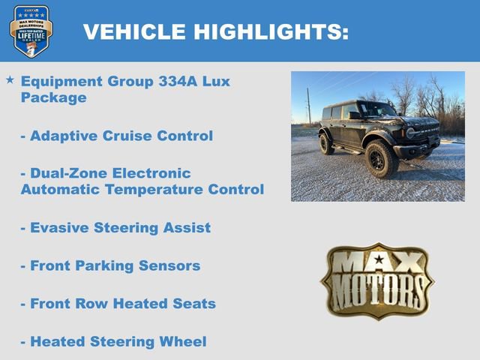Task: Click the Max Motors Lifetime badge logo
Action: point(31,31)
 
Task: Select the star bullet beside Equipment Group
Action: point(10,79)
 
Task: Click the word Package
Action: point(53,97)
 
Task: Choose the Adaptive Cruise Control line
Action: point(116,136)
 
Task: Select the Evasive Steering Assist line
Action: point(115,228)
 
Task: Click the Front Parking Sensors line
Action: point(110,265)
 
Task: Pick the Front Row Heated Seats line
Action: point(118,304)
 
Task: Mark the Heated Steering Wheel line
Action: point(113,342)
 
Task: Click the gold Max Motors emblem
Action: point(377,281)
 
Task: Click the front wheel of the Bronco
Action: point(381,160)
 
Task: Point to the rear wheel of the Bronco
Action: point(326,144)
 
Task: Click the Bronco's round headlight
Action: point(410,133)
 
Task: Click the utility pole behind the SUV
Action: point(308,106)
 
